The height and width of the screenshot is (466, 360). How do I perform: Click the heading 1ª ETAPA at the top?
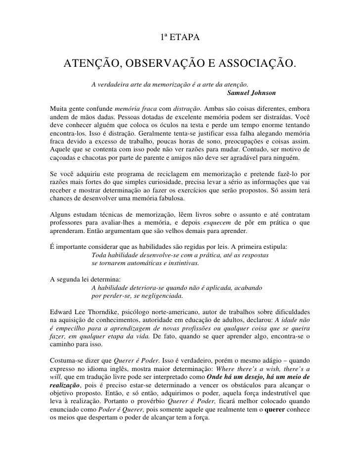point(180,38)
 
